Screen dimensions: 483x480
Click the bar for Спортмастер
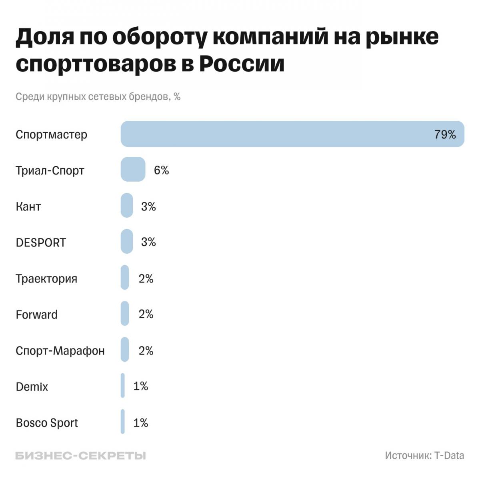(x=292, y=134)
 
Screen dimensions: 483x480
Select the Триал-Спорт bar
(x=133, y=169)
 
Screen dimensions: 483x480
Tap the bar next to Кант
(x=127, y=205)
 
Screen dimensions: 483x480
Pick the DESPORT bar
(x=127, y=241)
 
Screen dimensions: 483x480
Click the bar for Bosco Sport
(x=123, y=421)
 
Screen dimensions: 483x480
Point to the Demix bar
(x=123, y=385)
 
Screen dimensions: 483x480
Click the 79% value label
(x=445, y=134)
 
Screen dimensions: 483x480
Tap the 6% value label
(x=161, y=170)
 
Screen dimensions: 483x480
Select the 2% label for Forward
(x=146, y=314)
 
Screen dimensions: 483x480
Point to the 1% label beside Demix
(x=140, y=386)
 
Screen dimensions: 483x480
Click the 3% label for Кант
(x=148, y=206)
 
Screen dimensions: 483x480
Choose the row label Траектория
(x=46, y=279)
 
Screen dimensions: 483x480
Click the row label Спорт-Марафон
(x=60, y=351)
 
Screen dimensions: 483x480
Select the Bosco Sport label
(x=47, y=423)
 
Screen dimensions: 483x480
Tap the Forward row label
(x=37, y=315)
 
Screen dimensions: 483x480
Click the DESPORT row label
(x=41, y=243)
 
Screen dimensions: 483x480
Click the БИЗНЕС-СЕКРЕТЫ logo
(x=80, y=455)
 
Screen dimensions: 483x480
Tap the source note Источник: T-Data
(x=424, y=455)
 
